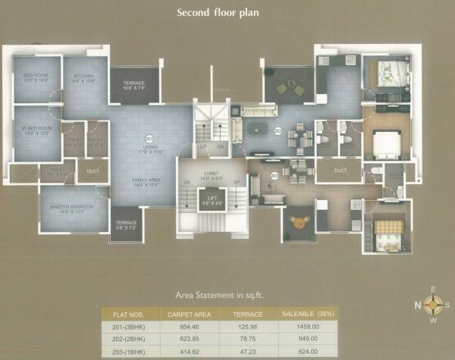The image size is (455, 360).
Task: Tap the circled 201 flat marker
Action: click(149, 139)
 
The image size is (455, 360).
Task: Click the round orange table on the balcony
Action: click(297, 222)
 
